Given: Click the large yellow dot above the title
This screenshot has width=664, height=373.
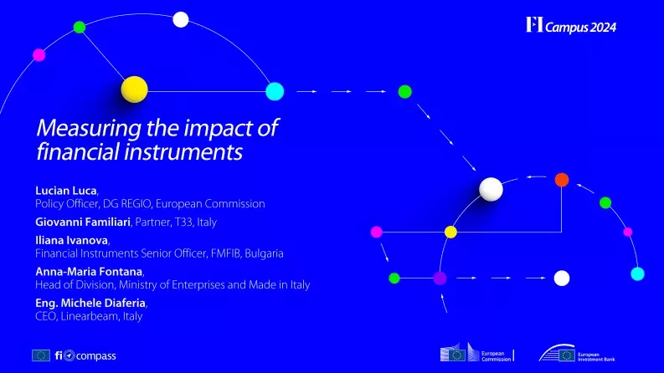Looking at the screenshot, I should [x=134, y=89].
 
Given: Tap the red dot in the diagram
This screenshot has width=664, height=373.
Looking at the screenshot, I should [x=562, y=179].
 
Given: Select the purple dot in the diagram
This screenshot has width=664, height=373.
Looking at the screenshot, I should [x=440, y=277].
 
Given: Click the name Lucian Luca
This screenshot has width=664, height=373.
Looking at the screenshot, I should [x=65, y=192].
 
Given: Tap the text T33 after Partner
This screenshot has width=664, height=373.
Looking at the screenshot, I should [x=204, y=222].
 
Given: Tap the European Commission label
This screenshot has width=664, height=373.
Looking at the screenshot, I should [x=492, y=356].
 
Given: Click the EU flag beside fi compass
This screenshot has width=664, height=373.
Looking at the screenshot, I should [x=41, y=355].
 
